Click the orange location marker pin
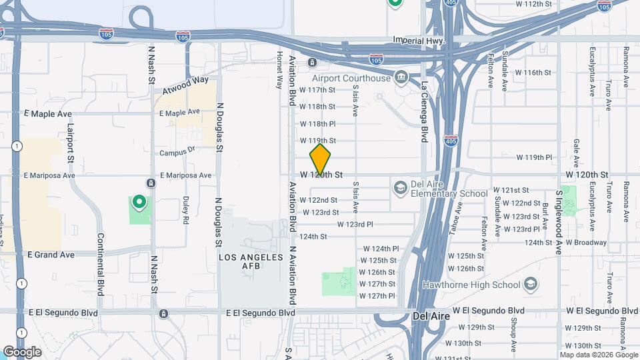320,159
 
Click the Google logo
22,351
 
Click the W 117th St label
317,89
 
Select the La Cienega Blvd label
424,112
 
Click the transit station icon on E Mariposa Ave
152,183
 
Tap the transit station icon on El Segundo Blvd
164,313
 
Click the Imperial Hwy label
419,41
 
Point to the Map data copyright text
597,354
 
